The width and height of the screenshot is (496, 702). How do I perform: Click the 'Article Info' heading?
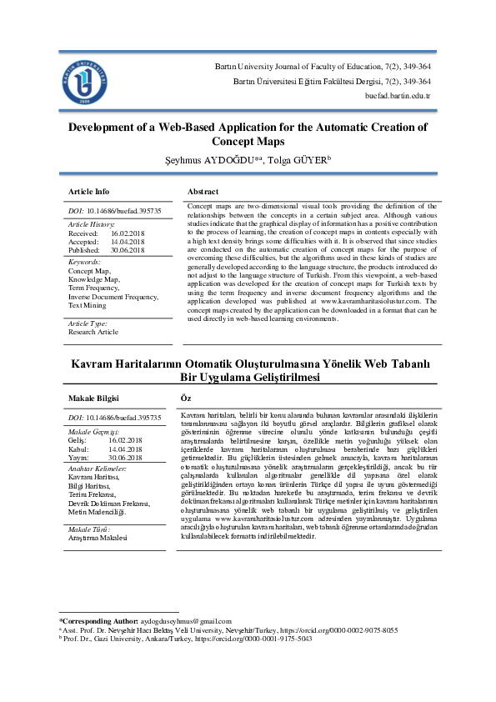[88, 191]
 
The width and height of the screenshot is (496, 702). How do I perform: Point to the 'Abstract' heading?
[203, 191]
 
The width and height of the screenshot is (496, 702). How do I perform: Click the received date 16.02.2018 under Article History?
[128, 234]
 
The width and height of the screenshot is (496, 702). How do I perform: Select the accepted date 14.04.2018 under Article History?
[128, 243]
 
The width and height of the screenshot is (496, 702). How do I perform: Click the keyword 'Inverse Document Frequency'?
[113, 296]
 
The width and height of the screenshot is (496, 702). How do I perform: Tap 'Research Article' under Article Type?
[93, 331]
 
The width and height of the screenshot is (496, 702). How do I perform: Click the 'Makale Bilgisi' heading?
[94, 399]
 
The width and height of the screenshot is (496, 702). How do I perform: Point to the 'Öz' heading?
[186, 399]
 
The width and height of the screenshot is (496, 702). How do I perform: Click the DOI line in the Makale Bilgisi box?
[114, 416]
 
